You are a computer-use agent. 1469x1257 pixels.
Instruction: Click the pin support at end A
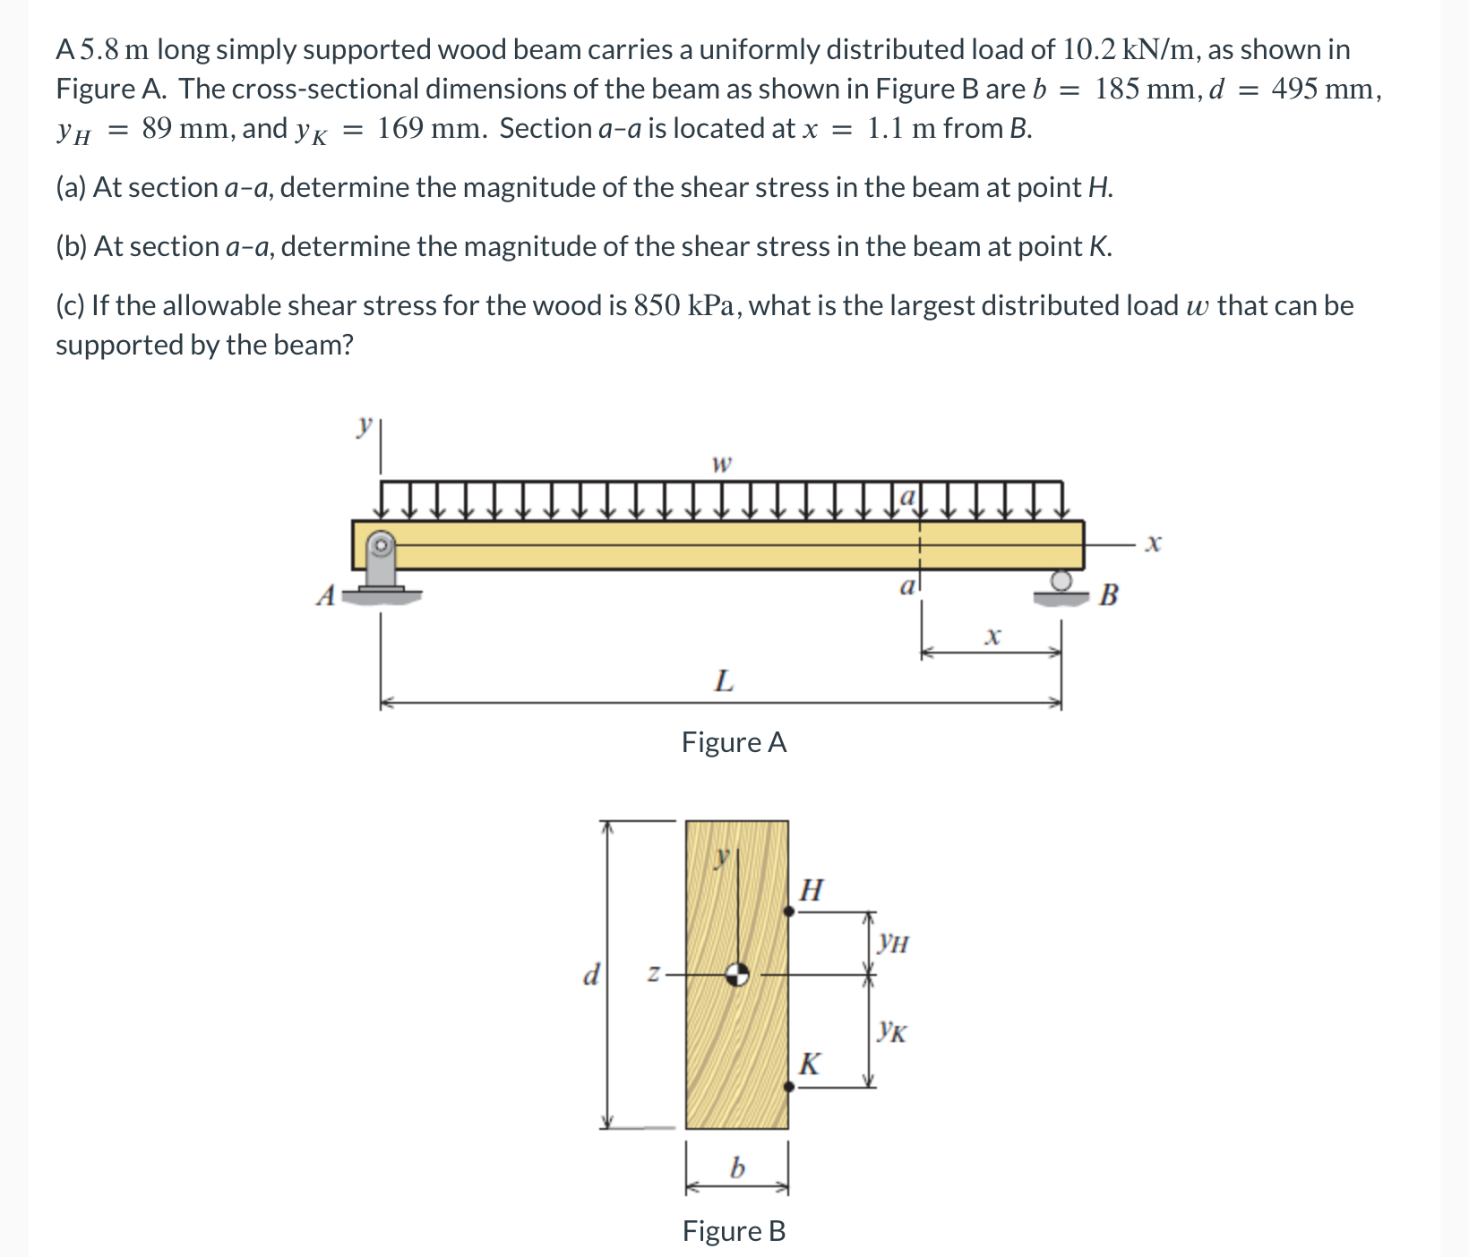[382, 564]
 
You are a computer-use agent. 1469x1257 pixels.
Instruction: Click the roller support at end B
[1061, 586]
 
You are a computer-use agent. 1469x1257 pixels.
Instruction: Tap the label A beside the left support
[326, 595]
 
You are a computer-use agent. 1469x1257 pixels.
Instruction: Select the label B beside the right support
[1108, 594]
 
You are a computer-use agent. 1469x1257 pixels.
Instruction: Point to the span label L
[723, 681]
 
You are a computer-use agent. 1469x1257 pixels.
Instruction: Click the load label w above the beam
[721, 464]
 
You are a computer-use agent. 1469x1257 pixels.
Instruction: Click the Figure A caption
[734, 742]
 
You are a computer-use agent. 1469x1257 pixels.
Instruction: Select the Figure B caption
[734, 1231]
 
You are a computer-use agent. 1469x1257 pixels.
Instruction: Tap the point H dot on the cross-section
[788, 911]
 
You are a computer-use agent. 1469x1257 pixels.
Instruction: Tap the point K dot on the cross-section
[788, 1086]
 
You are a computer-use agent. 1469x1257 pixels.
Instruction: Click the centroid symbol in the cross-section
[737, 974]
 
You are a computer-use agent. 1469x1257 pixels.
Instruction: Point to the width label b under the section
[737, 1167]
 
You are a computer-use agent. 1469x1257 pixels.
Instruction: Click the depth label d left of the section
[590, 974]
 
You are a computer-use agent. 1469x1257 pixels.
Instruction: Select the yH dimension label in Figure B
[893, 942]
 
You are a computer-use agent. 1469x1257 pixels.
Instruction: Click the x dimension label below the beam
[991, 637]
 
